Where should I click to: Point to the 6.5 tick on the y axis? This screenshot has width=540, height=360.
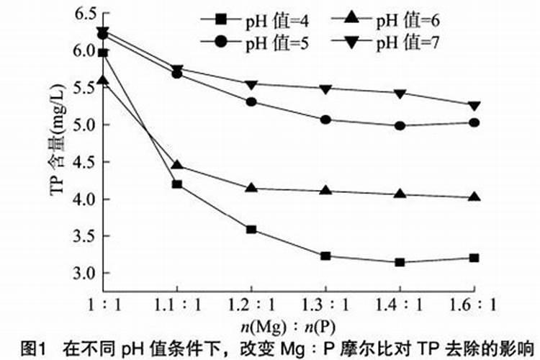coord(85,13)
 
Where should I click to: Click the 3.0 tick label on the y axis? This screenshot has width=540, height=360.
coord(85,274)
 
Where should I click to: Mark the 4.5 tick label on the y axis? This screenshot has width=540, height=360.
coord(85,162)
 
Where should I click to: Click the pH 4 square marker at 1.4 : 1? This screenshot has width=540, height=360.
coord(400,262)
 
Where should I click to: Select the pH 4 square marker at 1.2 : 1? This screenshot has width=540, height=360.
coord(251,230)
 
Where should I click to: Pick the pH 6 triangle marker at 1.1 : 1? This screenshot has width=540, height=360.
coord(177,165)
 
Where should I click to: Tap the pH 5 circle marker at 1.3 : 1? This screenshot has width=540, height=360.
coord(325,120)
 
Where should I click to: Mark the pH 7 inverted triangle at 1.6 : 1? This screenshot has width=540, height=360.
coord(474,106)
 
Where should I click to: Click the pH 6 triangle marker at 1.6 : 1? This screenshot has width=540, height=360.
coord(474,197)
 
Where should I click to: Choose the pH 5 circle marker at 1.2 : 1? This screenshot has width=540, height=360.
coord(251,102)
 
